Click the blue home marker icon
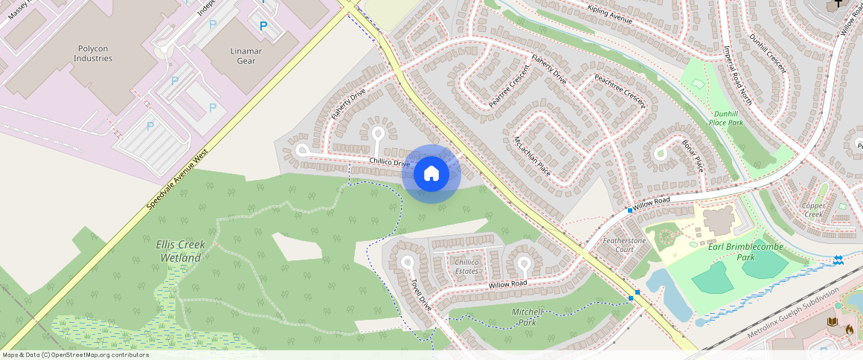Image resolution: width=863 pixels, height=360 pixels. point(431,174)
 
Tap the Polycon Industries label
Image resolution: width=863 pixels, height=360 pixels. point(94,54)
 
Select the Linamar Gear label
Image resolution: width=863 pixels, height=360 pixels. point(240,56)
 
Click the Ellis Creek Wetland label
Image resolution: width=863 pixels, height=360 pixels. point(179,251)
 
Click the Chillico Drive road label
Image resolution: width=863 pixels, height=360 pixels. point(390,162)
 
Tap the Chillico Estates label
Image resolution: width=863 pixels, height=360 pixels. point(466,266)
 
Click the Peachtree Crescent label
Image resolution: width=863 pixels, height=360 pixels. point(619,91)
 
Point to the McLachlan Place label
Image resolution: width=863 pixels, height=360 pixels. point(532,155)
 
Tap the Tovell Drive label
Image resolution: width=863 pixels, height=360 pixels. point(421,295)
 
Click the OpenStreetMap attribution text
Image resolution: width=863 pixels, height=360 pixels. point(75,355)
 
